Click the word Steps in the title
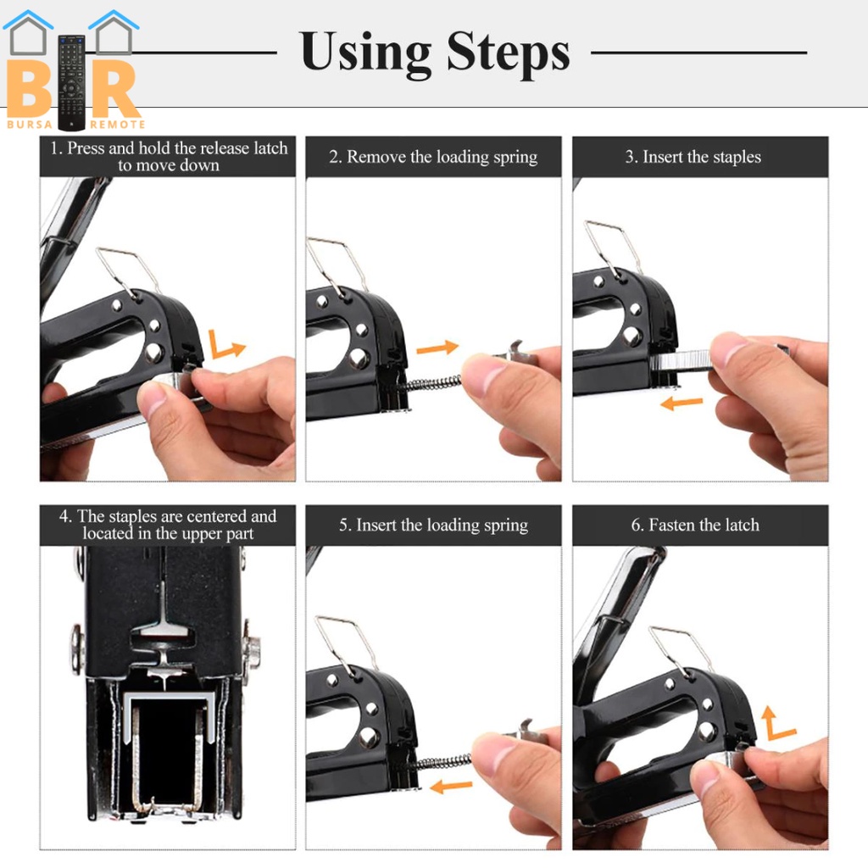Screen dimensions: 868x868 coord(509,52)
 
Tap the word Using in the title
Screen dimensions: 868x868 coord(365,53)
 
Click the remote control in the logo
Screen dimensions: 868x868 coord(71,83)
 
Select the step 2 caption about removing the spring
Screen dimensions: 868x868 coord(433,157)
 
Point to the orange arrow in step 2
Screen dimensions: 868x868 coord(437,348)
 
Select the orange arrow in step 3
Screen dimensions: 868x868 coord(682,403)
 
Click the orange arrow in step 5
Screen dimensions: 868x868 coord(451,786)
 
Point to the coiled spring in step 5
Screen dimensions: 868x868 coord(442,762)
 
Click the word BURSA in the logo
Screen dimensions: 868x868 coord(30,125)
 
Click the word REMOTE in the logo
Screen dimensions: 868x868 coord(117,125)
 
